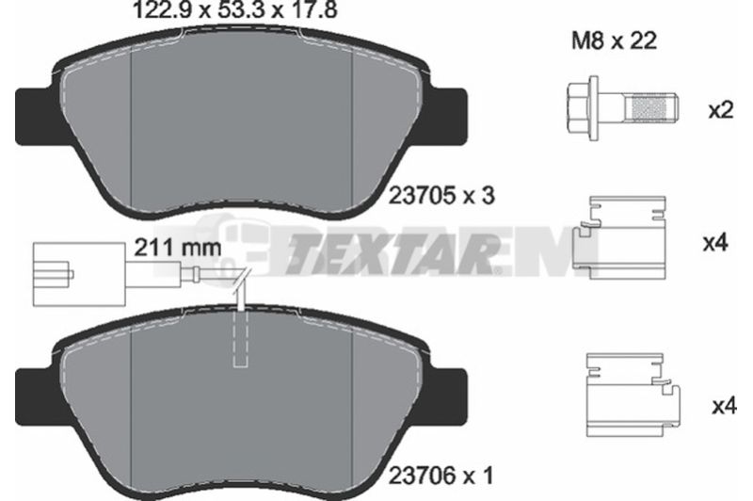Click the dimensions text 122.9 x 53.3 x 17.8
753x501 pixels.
234,9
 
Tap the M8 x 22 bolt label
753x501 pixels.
614,41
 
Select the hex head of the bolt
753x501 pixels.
583,108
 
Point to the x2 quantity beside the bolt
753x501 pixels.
721,111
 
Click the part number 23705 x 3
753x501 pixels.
441,196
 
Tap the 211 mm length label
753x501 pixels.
178,248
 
